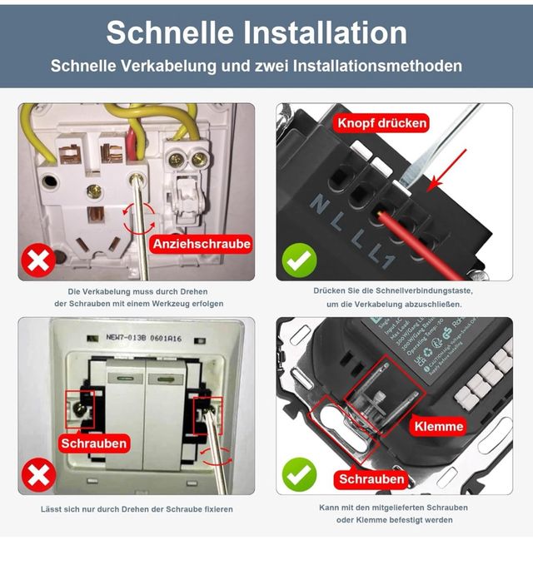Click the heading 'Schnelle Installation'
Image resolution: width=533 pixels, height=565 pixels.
(x=257, y=32)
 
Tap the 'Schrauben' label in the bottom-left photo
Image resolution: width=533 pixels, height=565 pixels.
(x=94, y=444)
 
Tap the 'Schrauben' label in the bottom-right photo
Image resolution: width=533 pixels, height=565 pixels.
(x=371, y=479)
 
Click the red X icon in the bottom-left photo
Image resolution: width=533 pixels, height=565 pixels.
(x=38, y=475)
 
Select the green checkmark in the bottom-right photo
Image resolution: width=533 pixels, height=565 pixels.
(x=299, y=475)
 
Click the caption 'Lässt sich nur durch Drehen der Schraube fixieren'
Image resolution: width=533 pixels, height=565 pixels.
(x=137, y=508)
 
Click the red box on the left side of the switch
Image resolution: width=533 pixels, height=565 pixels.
(x=80, y=407)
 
